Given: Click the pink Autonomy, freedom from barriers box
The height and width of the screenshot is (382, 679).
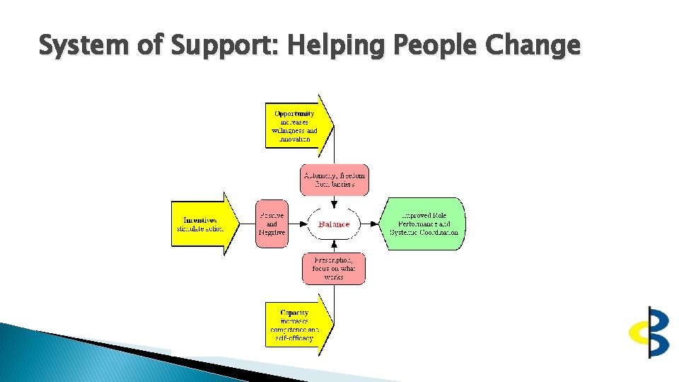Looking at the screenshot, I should pyautogui.click(x=335, y=180).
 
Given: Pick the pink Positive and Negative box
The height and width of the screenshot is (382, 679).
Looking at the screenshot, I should pyautogui.click(x=272, y=224).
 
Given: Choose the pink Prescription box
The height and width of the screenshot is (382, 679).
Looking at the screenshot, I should pyautogui.click(x=334, y=269).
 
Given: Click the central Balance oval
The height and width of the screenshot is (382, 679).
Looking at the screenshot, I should pyautogui.click(x=334, y=224).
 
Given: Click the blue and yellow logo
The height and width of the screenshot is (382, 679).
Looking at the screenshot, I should pyautogui.click(x=649, y=332).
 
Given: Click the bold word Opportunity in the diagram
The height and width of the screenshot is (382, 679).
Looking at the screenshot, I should pyautogui.click(x=294, y=113).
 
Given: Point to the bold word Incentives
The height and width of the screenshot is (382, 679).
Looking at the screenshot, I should pyautogui.click(x=200, y=220).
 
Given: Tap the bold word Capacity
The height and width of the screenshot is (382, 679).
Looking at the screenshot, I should pyautogui.click(x=294, y=313).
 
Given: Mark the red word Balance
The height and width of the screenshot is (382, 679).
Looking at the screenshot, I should pyautogui.click(x=334, y=224).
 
